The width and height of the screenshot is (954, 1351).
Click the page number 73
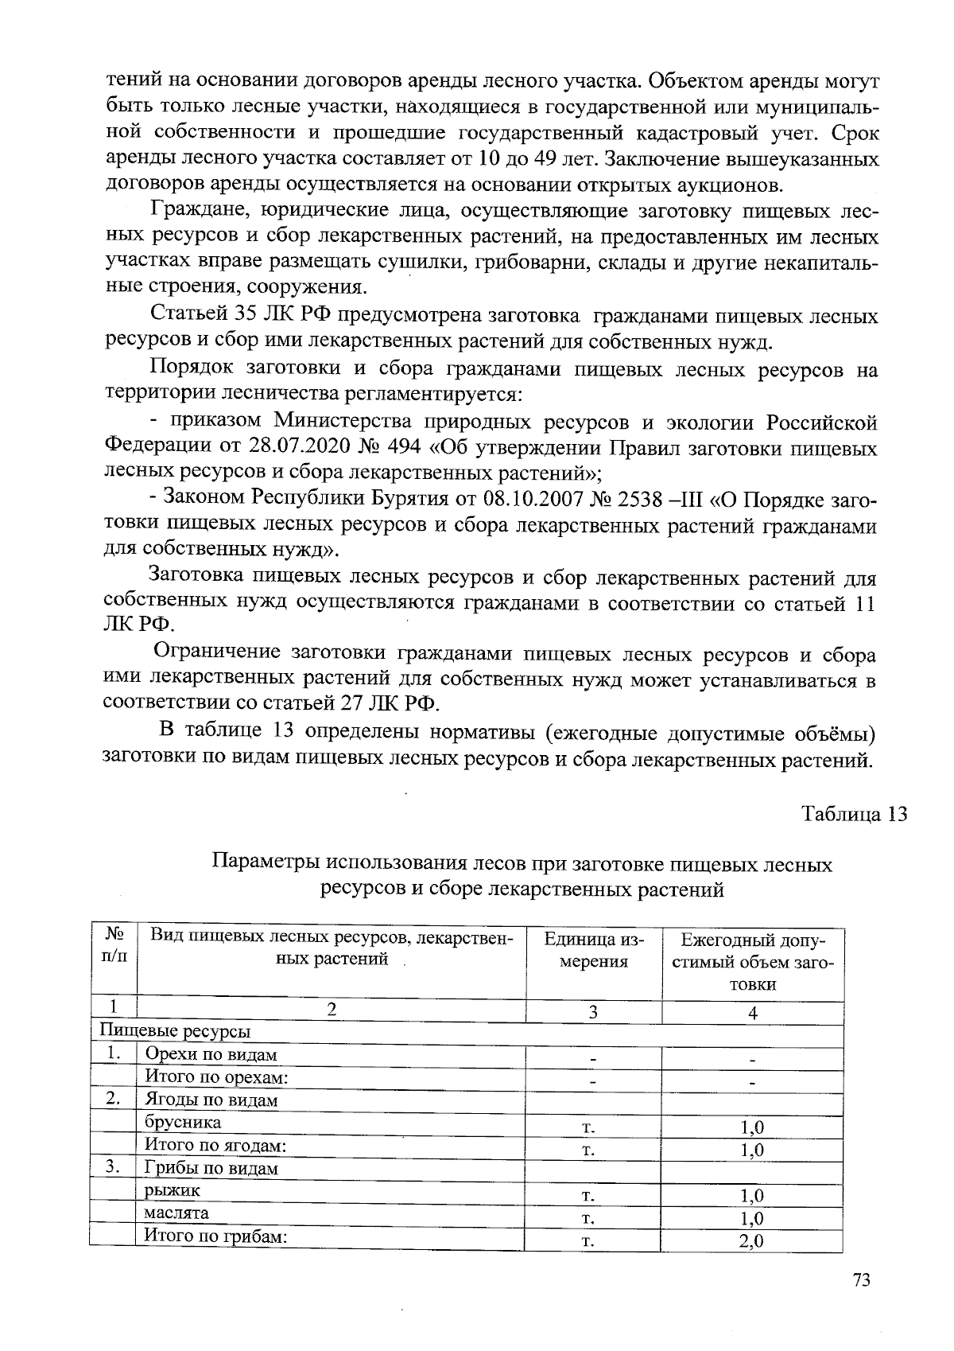pyautogui.click(x=861, y=1280)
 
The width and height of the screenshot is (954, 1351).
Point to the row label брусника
pyautogui.click(x=183, y=1123)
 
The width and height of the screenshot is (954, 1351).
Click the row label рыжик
pyautogui.click(x=173, y=1190)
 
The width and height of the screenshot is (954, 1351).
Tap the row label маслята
pyautogui.click(x=176, y=1213)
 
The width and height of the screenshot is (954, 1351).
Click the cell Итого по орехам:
pyautogui.click(x=215, y=1077)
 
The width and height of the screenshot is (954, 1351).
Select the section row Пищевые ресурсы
pyautogui.click(x=175, y=1032)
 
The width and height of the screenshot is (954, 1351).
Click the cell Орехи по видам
pyautogui.click(x=211, y=1055)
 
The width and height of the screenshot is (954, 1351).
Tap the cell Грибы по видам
pyautogui.click(x=211, y=1168)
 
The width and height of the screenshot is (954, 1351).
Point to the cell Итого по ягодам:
pyautogui.click(x=215, y=1145)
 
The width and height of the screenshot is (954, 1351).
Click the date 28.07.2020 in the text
pyautogui.click(x=297, y=446)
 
